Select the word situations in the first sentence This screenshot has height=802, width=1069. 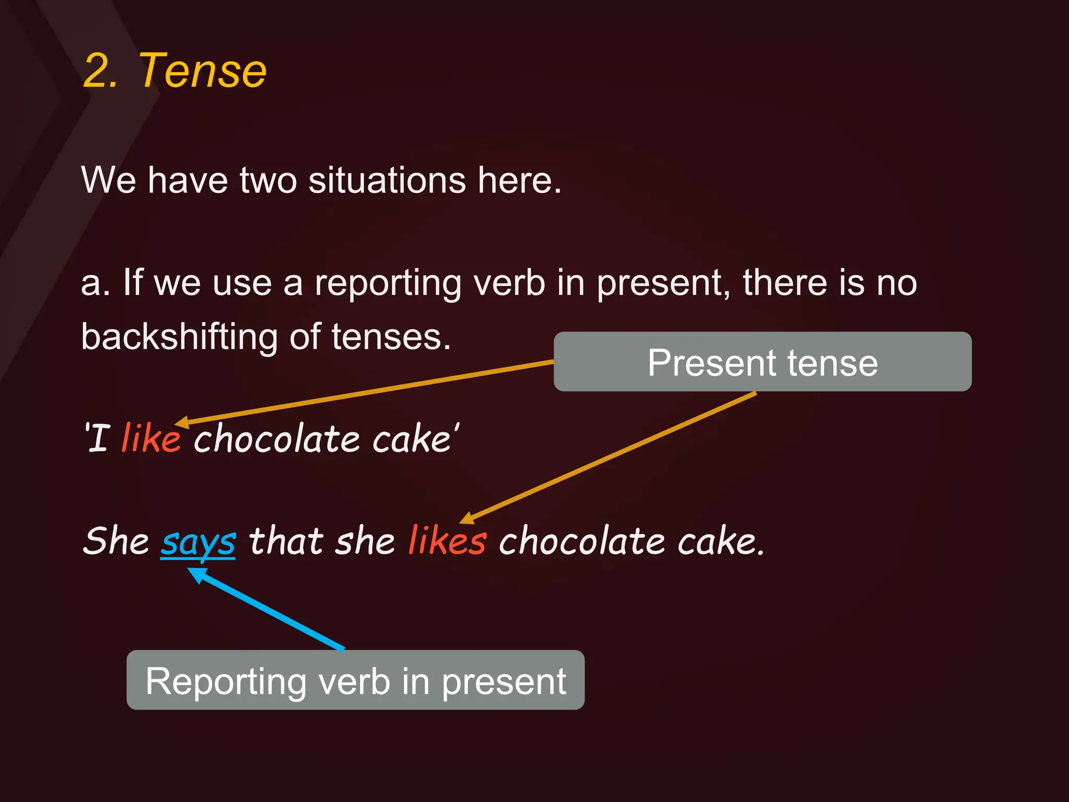pos(387,180)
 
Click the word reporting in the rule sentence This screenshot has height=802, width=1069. pos(388,284)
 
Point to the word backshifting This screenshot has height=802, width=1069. pos(179,337)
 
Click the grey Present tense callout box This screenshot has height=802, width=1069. pos(762,362)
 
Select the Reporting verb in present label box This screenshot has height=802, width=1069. pos(355,680)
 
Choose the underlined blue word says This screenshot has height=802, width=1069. pos(198,542)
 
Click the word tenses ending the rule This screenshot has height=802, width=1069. pos(391,337)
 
